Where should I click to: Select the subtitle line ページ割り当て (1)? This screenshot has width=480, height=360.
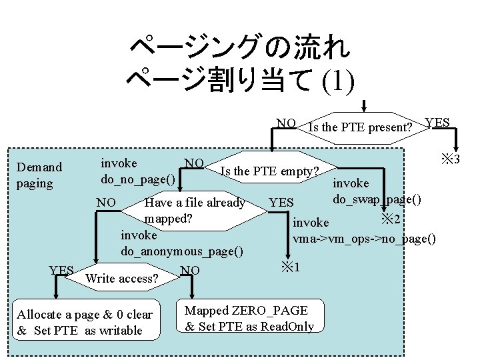[240, 81]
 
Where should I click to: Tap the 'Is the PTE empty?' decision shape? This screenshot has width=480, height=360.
[269, 171]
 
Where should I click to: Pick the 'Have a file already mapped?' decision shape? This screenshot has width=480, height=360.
[194, 210]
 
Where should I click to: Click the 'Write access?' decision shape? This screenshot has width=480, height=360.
[123, 278]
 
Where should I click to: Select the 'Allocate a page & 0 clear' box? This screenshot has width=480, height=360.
[85, 323]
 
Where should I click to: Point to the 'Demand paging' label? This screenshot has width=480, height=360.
[39, 175]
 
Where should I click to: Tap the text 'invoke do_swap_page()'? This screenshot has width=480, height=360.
[377, 191]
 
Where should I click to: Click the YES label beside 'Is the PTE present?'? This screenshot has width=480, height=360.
[437, 123]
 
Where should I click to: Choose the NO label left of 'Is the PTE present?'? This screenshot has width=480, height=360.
[287, 123]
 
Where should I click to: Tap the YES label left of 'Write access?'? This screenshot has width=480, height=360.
[61, 270]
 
